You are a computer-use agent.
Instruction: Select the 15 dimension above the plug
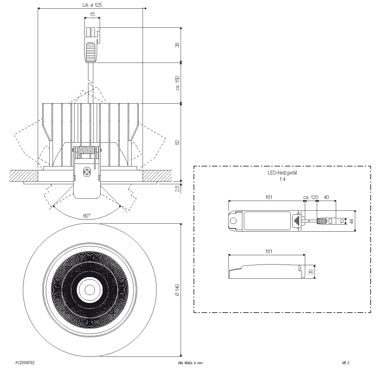tap(92, 14)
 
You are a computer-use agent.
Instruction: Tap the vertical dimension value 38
tap(177, 45)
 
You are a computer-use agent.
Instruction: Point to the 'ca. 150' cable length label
tap(177, 83)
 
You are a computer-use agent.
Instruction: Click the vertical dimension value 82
tap(177, 142)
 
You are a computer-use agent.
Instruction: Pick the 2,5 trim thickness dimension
tap(177, 188)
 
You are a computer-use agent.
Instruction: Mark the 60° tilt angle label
tap(86, 216)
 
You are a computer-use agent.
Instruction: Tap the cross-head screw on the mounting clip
tap(87, 173)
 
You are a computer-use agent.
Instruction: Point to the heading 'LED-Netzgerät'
tap(282, 173)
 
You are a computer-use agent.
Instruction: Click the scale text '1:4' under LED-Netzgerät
tap(282, 179)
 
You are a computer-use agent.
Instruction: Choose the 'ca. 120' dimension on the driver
tap(311, 197)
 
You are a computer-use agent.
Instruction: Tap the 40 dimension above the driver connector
tap(326, 197)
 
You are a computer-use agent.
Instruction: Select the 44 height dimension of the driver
tap(352, 221)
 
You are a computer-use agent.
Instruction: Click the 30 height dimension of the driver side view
tap(311, 272)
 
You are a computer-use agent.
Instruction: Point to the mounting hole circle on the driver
tap(233, 221)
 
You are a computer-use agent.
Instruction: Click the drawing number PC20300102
tap(25, 363)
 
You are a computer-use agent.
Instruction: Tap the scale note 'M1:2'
tap(346, 363)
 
